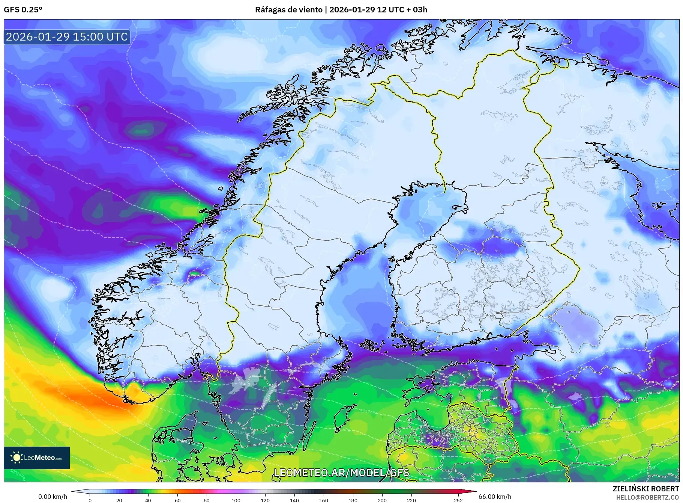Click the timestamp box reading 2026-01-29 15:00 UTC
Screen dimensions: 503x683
pos(67,37)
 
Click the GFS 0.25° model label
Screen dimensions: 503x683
pos(23,10)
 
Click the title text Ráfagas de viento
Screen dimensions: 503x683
pos(288,10)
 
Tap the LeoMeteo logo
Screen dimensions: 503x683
pos(36,458)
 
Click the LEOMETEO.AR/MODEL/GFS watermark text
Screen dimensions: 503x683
pos(341,473)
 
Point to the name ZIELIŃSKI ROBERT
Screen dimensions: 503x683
pos(645,489)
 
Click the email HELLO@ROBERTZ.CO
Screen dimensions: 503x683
pos(647,497)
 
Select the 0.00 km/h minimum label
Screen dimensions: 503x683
pos(53,497)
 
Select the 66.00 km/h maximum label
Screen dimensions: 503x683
pos(495,497)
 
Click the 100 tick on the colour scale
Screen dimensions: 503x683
pos(236,500)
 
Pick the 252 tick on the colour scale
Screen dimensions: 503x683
pos(458,500)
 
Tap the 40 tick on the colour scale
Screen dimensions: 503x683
pos(148,500)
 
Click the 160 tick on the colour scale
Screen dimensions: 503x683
pos(323,500)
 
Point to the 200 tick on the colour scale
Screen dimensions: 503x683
pos(382,500)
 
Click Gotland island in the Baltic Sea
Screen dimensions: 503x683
pos(342,418)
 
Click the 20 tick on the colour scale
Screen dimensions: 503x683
pos(119,500)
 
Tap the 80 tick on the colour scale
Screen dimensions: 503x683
pos(206,500)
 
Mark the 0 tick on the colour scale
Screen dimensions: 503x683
pos(90,500)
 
